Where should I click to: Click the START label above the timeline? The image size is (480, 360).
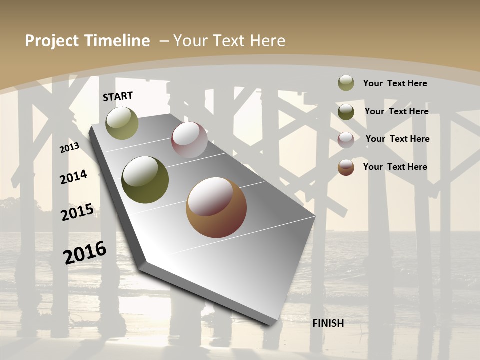(118, 96)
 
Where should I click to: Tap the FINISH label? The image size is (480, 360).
(328, 323)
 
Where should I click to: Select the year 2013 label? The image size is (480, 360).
(69, 147)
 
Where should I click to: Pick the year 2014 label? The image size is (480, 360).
(73, 177)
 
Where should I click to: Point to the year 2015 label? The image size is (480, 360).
(77, 212)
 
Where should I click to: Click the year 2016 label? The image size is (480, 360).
(85, 252)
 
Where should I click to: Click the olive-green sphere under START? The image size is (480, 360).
(122, 123)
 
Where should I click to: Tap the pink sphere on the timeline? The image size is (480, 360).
(189, 140)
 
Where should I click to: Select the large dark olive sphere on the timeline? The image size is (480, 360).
(145, 180)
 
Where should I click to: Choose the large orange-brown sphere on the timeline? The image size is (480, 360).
(216, 207)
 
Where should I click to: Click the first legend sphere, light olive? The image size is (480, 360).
(346, 83)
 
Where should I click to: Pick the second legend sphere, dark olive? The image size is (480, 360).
(346, 111)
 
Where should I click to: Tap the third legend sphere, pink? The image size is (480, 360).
(346, 139)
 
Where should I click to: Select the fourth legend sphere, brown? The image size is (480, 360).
(346, 167)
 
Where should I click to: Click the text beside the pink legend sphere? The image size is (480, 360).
(397, 139)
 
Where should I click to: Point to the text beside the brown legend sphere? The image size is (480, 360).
(395, 167)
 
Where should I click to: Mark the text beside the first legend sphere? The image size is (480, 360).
(395, 83)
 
